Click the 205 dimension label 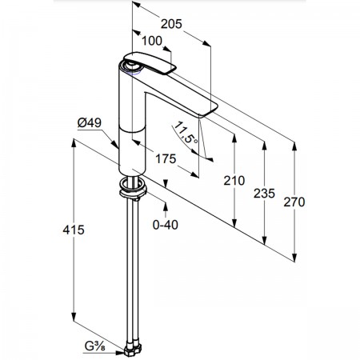click(171, 24)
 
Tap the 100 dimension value click(151, 41)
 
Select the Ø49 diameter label click(90, 123)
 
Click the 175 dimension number click(166, 159)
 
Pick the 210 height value click(234, 181)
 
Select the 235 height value click(264, 194)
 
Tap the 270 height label click(294, 202)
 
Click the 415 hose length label click(74, 230)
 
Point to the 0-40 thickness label click(166, 225)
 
